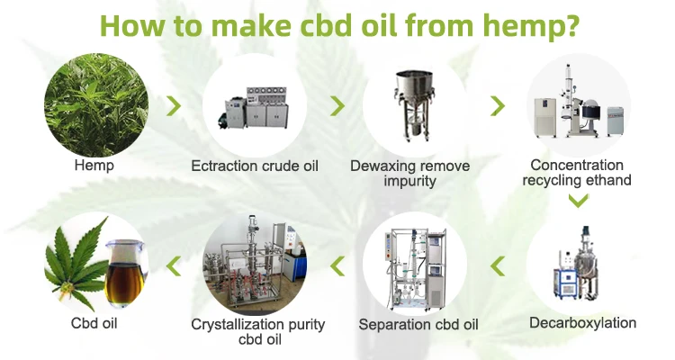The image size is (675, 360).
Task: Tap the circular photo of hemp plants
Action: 96,104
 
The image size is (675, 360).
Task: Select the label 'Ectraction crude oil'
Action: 255,166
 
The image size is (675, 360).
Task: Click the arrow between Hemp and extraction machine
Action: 174,106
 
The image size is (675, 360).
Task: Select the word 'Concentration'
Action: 577,165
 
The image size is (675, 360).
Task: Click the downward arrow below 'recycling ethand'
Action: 578,200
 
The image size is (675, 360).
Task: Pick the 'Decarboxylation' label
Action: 582,323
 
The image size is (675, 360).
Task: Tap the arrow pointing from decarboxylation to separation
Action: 498,266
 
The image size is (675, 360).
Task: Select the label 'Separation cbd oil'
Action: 418,325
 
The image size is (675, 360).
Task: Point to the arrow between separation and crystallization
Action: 337,266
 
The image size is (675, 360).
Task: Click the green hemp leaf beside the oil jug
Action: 76,264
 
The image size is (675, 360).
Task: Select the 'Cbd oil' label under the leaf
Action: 94,324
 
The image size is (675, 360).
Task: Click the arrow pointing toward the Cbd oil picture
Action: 174,266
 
